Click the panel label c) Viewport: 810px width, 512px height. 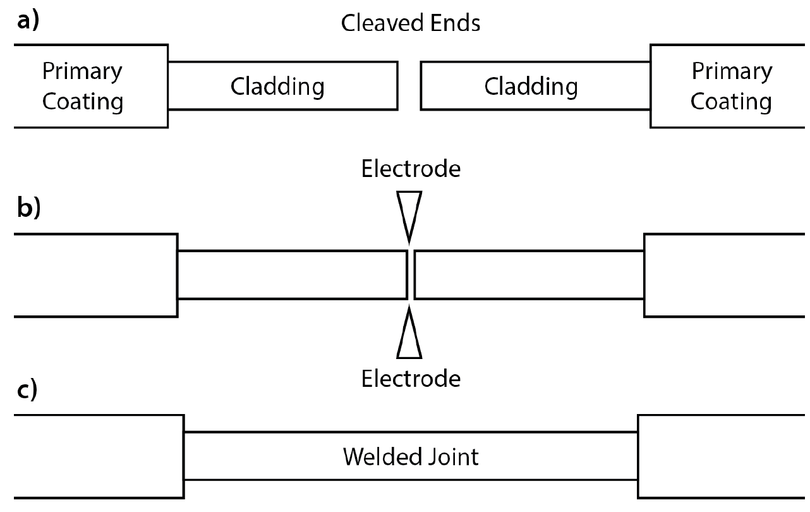click(26, 390)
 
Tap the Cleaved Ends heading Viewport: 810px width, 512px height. click(411, 23)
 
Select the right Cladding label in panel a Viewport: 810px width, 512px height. click(531, 86)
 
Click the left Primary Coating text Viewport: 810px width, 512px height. click(82, 86)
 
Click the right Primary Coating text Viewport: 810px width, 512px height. click(731, 86)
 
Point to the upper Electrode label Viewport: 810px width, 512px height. click(411, 169)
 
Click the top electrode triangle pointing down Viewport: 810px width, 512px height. click(409, 212)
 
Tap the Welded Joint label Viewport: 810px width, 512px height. click(411, 456)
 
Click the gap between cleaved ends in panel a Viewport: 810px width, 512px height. click(409, 86)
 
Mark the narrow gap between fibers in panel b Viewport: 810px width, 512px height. click(411, 275)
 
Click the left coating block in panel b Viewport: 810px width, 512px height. click(95, 275)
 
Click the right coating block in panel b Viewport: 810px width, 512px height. click(727, 275)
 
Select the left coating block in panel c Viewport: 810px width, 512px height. click(98, 456)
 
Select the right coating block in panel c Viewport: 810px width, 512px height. click(723, 456)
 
